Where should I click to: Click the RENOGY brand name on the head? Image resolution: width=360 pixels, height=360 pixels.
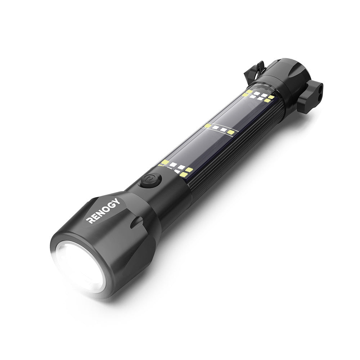tap(103, 211)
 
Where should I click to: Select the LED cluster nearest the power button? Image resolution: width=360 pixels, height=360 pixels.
tap(176, 168)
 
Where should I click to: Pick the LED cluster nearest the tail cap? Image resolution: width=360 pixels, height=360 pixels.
tap(258, 95)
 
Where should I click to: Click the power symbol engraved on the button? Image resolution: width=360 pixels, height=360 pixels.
tap(149, 179)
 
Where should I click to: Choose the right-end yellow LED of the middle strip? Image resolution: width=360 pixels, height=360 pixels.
tap(230, 132)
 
